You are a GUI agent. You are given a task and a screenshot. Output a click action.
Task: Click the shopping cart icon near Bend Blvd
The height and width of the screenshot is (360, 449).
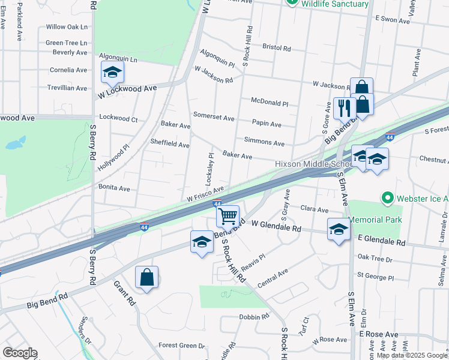[228, 215]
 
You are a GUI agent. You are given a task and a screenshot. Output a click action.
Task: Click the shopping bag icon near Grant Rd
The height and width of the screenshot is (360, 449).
[146, 277]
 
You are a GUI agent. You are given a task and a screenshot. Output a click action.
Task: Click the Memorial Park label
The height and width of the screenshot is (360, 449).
[375, 220]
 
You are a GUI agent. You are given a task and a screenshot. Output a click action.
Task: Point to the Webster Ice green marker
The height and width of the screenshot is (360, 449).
[387, 197]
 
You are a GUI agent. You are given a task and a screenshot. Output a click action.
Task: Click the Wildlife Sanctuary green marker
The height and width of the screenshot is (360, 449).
[292, 3]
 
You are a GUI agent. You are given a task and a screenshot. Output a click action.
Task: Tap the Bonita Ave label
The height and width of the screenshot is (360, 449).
[114, 188]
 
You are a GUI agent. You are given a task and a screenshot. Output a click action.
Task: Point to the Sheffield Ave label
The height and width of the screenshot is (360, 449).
[170, 145]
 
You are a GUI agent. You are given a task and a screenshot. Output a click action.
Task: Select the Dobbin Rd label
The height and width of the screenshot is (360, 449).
[253, 317]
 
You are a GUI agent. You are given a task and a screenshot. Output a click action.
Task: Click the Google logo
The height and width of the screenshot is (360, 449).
[20, 353]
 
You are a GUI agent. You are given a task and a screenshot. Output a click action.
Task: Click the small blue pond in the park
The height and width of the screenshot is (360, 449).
[15, 143]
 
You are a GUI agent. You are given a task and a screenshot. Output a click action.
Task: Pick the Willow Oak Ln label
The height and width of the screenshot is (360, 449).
[67, 27]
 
